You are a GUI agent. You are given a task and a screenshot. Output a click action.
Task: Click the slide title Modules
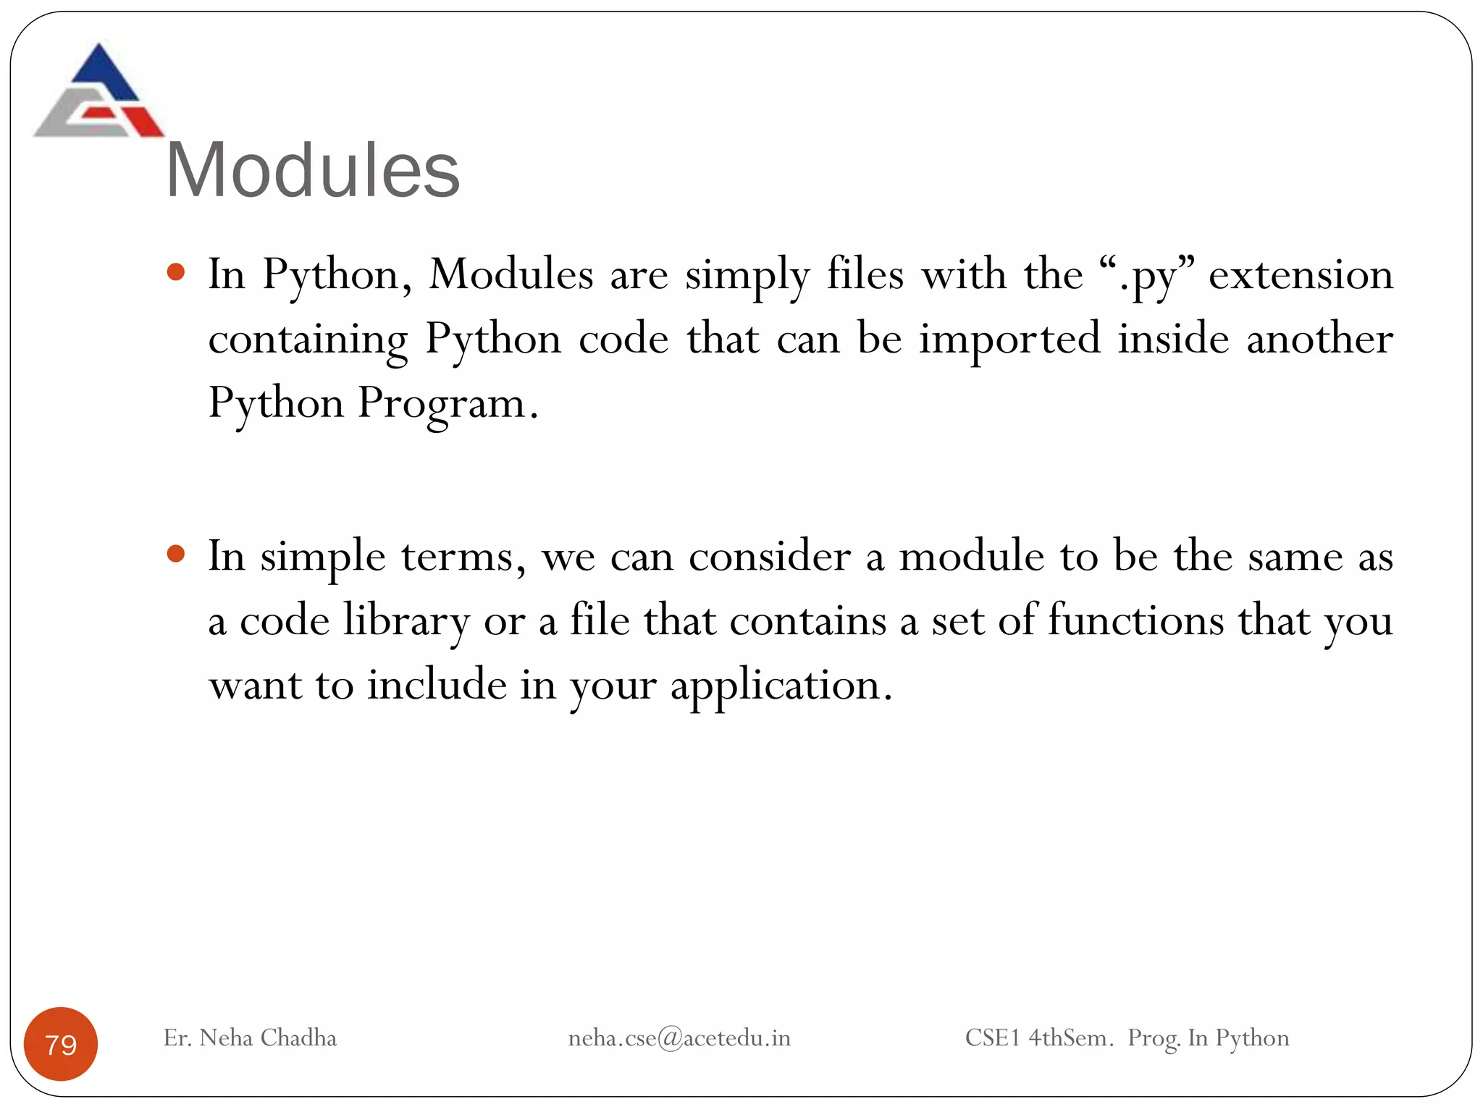[x=313, y=170]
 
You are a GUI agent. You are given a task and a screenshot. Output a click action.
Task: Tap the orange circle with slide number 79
[x=61, y=1043]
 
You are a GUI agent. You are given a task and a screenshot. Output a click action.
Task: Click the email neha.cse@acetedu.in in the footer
[x=679, y=1038]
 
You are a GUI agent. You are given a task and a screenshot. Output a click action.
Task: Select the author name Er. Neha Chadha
[x=250, y=1038]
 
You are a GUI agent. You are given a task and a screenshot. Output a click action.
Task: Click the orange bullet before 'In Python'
[x=176, y=273]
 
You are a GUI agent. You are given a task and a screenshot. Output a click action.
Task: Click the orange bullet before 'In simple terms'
[x=176, y=555]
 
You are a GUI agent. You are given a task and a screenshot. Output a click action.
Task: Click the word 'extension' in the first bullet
[x=1301, y=276]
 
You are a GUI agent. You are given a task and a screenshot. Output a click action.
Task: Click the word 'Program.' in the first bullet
[x=448, y=403]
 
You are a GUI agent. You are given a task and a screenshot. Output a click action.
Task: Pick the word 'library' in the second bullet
[x=406, y=621]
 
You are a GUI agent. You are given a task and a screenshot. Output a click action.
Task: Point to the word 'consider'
[x=769, y=557]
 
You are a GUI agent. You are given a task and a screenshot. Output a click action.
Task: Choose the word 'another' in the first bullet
[x=1319, y=340]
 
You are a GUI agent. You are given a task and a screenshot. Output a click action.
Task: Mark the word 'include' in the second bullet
[x=437, y=685]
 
